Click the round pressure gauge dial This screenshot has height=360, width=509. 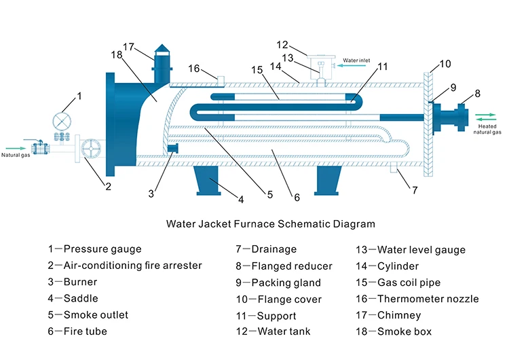(x=62, y=122)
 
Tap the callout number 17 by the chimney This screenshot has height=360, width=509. (x=130, y=47)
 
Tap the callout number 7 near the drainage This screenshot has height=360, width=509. (x=415, y=190)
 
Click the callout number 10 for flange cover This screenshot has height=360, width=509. (x=445, y=64)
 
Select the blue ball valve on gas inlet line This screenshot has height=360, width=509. (x=40, y=147)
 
